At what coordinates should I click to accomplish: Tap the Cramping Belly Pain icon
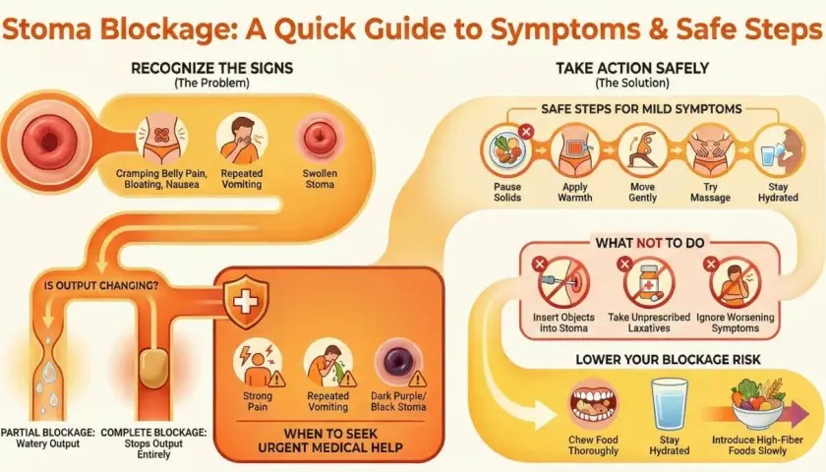pyautogui.click(x=161, y=139)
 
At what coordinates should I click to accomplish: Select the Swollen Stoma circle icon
pyautogui.click(x=320, y=139)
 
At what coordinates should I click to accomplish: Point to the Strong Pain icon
pyautogui.click(x=258, y=363)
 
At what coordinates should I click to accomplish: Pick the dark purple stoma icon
pyautogui.click(x=399, y=363)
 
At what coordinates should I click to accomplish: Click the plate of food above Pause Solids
pyautogui.click(x=507, y=150)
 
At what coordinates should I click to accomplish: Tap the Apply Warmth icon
pyautogui.click(x=575, y=151)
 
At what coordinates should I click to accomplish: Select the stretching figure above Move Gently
pyautogui.click(x=643, y=151)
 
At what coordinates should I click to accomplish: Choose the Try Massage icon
pyautogui.click(x=711, y=151)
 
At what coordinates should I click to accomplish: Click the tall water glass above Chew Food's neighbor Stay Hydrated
pyautogui.click(x=670, y=404)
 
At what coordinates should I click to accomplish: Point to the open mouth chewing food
pyautogui.click(x=593, y=404)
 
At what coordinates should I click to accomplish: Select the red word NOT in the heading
pyautogui.click(x=648, y=243)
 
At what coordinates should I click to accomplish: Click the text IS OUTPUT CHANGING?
pyautogui.click(x=101, y=285)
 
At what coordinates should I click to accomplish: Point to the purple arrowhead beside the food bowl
pyautogui.click(x=799, y=414)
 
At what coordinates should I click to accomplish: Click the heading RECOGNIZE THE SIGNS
pyautogui.click(x=211, y=69)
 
